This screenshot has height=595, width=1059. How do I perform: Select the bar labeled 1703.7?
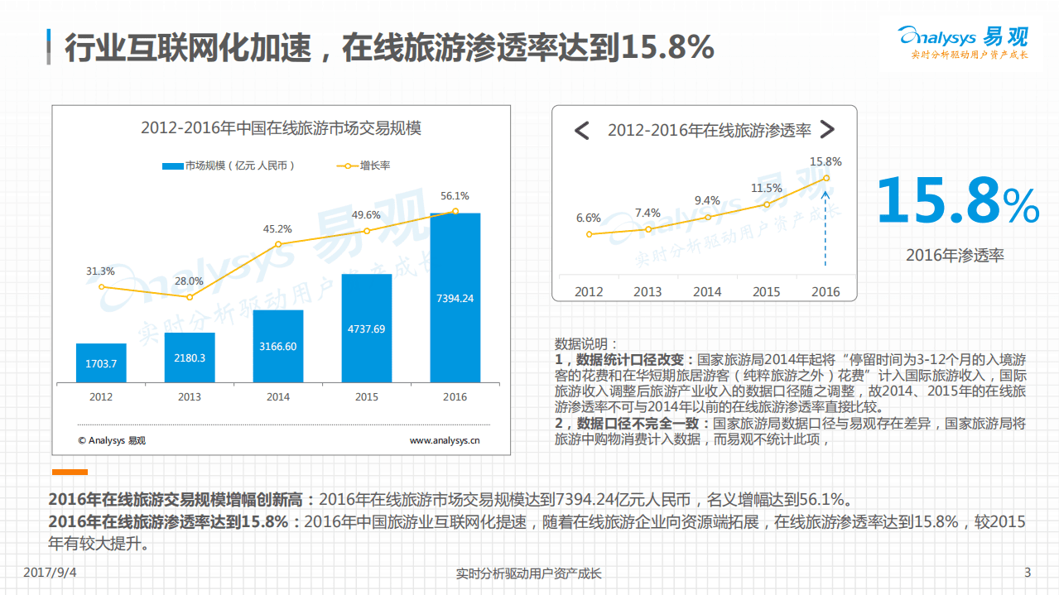point(101,363)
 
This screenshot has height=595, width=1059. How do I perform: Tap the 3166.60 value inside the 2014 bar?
point(278,346)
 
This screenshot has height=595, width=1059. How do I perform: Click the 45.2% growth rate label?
point(277,228)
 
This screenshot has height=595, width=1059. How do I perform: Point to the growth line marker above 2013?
point(190,297)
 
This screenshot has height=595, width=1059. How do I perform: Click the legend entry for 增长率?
point(364,166)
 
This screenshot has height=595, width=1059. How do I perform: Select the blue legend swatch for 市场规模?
point(172,166)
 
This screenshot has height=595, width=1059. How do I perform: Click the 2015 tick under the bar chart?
point(367,397)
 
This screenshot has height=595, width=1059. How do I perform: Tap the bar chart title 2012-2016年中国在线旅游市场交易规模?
point(281,128)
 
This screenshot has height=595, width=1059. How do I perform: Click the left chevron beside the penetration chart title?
point(582,130)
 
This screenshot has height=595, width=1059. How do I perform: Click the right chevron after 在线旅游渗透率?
point(826,130)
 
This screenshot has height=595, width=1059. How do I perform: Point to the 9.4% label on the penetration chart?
point(707,200)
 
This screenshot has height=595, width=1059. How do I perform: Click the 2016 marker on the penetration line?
point(826,178)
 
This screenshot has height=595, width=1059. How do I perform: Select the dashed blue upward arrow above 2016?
point(826,223)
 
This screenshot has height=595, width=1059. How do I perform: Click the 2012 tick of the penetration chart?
point(589,291)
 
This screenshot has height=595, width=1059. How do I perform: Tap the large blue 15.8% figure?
point(956,201)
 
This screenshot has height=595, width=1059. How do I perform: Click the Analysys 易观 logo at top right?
point(963,41)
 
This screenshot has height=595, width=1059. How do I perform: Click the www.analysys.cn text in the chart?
point(445,440)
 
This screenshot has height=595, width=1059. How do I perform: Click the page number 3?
point(1028,573)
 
